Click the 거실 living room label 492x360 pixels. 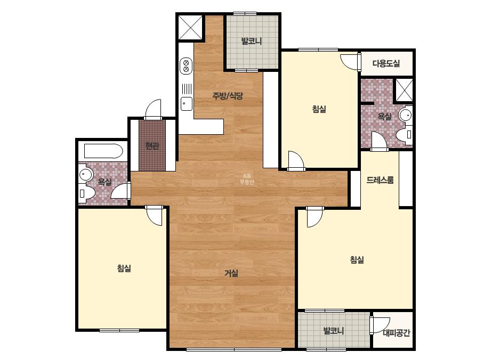point(231,273)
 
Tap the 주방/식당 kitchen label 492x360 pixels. point(228,96)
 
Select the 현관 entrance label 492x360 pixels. point(152,146)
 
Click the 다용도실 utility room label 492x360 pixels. point(386,64)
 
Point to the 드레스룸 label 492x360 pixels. point(380,180)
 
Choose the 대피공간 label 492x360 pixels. point(396,333)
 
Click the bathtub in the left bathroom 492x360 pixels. point(103,151)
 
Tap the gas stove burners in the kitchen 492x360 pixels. point(186,66)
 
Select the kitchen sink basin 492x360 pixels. point(187,104)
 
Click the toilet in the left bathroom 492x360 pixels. point(86,193)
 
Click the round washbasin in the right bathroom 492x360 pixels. point(406,114)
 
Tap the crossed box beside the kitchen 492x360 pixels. point(190,27)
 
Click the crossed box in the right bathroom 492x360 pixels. point(404,90)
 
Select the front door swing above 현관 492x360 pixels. point(153,109)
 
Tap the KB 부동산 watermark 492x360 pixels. point(247,179)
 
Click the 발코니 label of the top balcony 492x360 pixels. point(252,41)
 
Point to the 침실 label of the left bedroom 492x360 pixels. point(124,268)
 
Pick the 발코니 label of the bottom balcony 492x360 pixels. point(334,331)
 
